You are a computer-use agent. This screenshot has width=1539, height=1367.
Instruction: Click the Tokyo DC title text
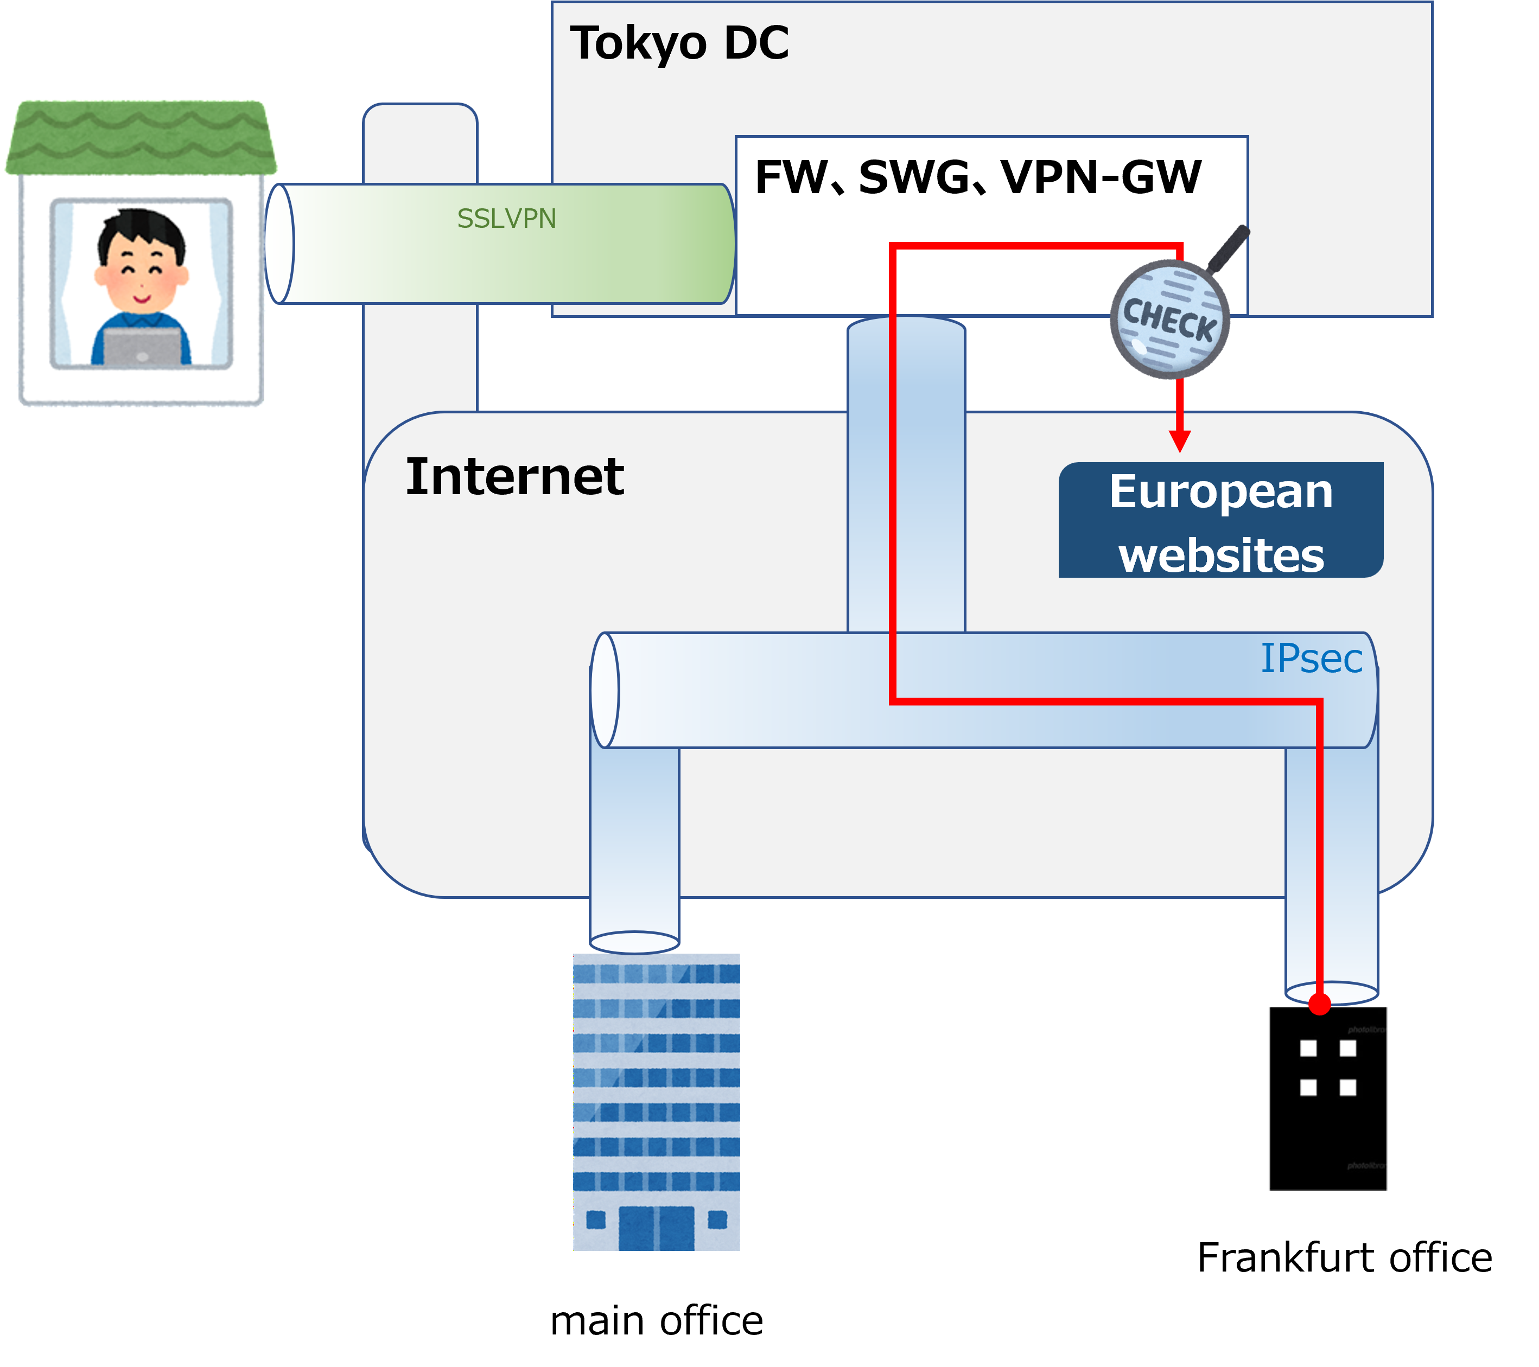point(679,43)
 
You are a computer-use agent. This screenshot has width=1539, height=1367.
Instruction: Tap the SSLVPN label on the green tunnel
point(507,218)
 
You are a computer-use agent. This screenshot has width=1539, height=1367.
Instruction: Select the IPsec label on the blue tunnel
point(1311,659)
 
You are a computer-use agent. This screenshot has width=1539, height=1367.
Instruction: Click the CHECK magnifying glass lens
point(1169,319)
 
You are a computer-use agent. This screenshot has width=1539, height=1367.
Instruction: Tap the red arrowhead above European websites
point(1180,441)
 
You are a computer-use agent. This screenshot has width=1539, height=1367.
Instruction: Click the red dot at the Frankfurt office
point(1319,1004)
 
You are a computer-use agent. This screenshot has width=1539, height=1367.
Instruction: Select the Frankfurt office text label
point(1345,1258)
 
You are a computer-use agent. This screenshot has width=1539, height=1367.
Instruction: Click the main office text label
point(657,1321)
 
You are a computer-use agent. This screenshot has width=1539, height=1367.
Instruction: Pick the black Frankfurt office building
point(1327,1098)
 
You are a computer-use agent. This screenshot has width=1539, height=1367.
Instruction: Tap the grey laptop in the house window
point(142,346)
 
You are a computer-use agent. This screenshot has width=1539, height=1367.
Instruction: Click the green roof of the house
point(141,138)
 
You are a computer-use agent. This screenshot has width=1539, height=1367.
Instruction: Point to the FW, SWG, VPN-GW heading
point(978,177)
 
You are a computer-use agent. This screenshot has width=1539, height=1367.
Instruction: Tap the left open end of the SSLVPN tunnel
point(279,244)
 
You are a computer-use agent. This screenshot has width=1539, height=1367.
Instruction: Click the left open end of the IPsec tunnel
point(605,690)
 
